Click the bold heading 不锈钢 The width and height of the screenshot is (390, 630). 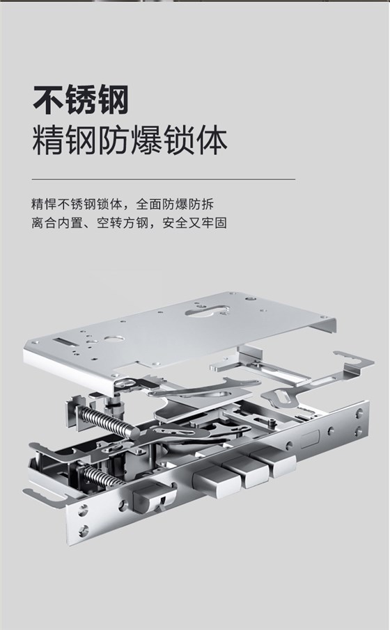click(81, 99)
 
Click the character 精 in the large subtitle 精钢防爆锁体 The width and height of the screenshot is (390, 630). click(48, 140)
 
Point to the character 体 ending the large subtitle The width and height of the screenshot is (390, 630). click(212, 140)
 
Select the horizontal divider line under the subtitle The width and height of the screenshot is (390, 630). click(164, 179)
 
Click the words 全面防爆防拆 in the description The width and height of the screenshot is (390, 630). click(175, 204)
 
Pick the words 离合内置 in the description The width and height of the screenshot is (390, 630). click(57, 223)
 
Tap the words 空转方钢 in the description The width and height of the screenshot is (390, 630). click(123, 223)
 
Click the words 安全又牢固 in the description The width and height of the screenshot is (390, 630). click(194, 223)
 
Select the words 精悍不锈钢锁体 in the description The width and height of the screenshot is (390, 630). click(77, 204)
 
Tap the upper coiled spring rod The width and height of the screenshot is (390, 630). click(109, 422)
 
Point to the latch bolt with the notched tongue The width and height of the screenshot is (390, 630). click(154, 498)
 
